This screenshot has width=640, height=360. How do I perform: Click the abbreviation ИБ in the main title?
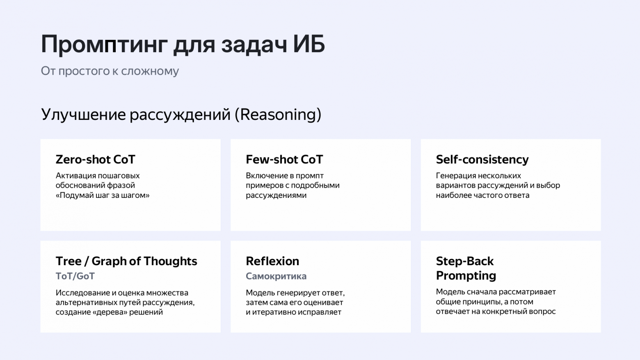309,44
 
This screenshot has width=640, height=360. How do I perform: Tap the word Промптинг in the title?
104,45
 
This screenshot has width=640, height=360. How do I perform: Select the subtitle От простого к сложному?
110,71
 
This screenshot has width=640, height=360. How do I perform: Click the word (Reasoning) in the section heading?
278,115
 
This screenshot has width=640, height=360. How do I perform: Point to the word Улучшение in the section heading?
83,115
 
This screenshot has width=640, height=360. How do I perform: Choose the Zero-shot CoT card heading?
95,159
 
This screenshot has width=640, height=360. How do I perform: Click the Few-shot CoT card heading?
284,159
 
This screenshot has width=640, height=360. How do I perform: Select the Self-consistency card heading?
482,159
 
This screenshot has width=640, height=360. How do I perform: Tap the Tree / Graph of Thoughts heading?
126,261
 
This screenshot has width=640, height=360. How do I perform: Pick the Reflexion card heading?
272,261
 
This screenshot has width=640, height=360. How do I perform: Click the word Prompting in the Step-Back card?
466,275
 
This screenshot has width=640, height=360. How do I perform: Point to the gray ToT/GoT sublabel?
75,276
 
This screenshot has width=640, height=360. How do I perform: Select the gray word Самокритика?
276,276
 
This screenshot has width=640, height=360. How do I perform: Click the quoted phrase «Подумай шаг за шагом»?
103,195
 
